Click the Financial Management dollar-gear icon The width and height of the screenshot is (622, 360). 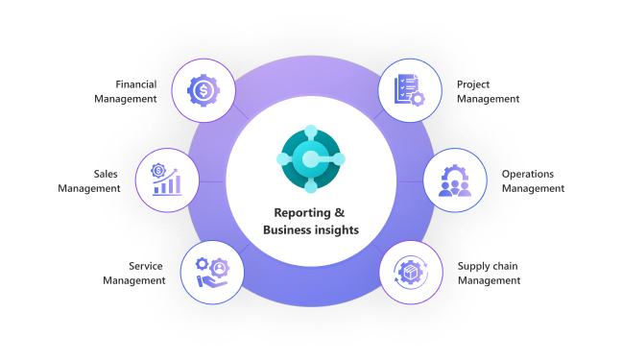(x=203, y=91)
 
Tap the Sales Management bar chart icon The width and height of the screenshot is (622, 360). (x=166, y=180)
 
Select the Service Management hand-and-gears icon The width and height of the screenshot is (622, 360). (x=210, y=272)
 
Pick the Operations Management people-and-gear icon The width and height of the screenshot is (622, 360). (x=455, y=180)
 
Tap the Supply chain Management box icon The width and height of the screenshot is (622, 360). (x=411, y=272)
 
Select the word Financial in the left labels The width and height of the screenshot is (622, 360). (x=136, y=84)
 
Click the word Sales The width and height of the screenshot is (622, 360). (x=106, y=174)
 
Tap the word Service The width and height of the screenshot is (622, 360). (x=146, y=266)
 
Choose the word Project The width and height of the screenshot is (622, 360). (x=473, y=84)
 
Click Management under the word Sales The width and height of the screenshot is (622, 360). (x=89, y=188)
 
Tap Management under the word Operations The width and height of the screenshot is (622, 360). (x=534, y=188)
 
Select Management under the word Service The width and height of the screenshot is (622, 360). (x=133, y=280)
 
